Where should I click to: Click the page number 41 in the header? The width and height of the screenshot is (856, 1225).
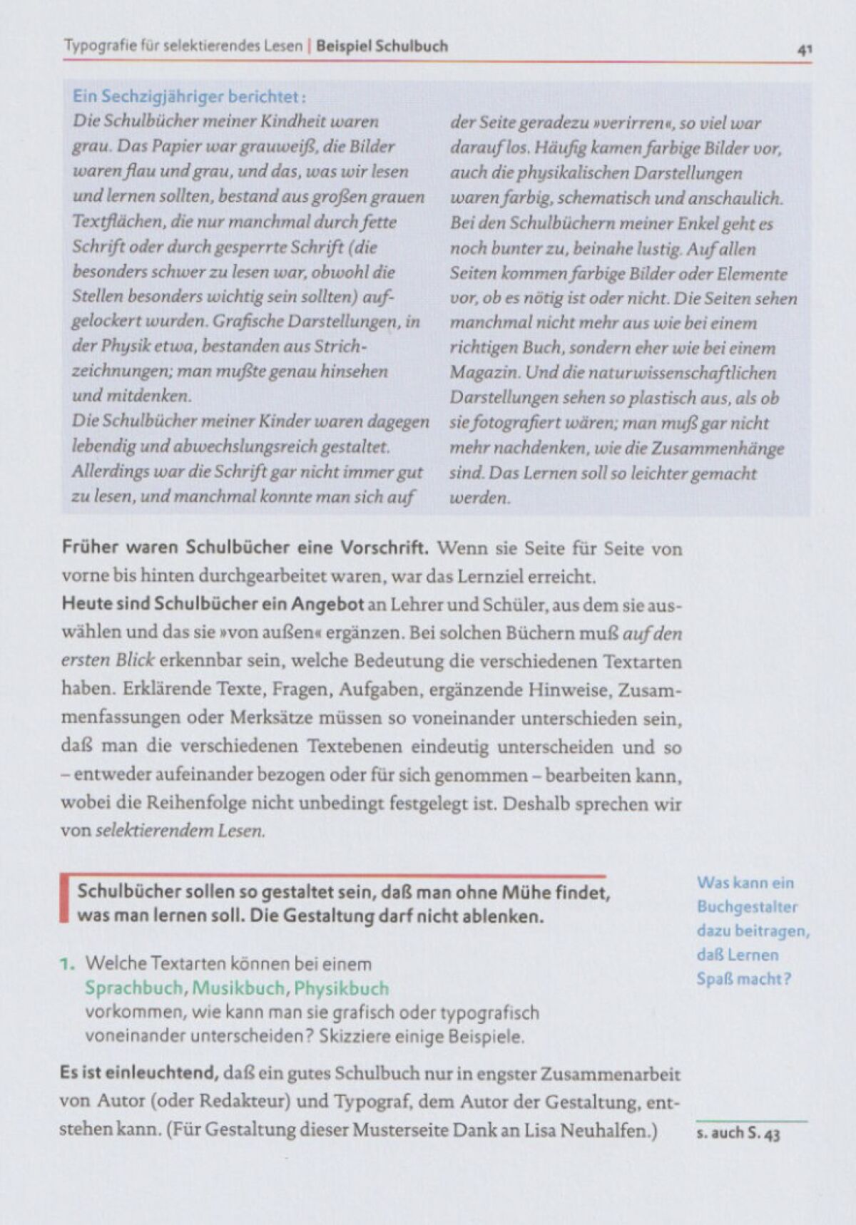pyautogui.click(x=805, y=50)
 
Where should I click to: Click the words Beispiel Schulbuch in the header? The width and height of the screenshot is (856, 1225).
pyautogui.click(x=382, y=46)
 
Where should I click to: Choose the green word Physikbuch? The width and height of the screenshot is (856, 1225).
pyautogui.click(x=341, y=988)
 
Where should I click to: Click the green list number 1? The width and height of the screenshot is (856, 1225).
pyautogui.click(x=66, y=964)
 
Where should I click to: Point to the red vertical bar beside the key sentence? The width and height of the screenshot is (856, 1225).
pyautogui.click(x=64, y=900)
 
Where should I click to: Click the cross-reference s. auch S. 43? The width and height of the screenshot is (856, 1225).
pyautogui.click(x=738, y=1133)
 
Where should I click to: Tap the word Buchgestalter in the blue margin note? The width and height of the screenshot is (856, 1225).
pyautogui.click(x=747, y=907)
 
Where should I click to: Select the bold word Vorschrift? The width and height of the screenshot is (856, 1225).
pyautogui.click(x=384, y=548)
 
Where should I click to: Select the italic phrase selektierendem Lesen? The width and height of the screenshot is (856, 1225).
pyautogui.click(x=180, y=830)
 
